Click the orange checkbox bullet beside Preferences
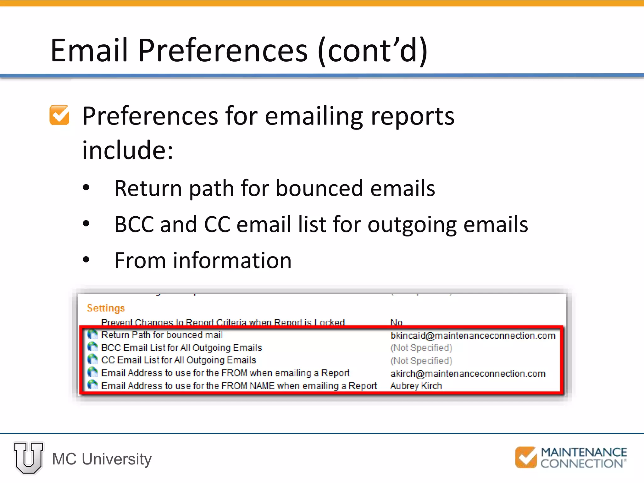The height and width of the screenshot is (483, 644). [x=59, y=115]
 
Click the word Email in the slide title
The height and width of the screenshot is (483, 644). [x=90, y=50]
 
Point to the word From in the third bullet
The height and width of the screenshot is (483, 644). [x=140, y=261]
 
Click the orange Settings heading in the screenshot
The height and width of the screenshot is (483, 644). [x=106, y=308]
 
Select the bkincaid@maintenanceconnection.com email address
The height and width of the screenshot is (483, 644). [x=473, y=336]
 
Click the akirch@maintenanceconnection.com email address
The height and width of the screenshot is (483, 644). [x=468, y=374]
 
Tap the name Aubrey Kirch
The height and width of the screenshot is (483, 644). [x=416, y=386]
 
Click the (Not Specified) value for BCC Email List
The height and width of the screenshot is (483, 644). [x=421, y=348]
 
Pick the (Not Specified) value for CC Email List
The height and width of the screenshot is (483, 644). [x=421, y=361]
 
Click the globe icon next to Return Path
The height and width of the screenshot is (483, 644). [x=92, y=334]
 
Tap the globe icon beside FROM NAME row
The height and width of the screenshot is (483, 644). [x=92, y=385]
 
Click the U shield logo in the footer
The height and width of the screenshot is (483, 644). [x=29, y=458]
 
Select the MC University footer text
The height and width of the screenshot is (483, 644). [x=102, y=459]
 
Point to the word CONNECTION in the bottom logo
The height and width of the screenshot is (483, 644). [x=581, y=464]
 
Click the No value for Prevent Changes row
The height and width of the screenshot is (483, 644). [x=396, y=322]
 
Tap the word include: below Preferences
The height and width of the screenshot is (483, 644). [x=128, y=150]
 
